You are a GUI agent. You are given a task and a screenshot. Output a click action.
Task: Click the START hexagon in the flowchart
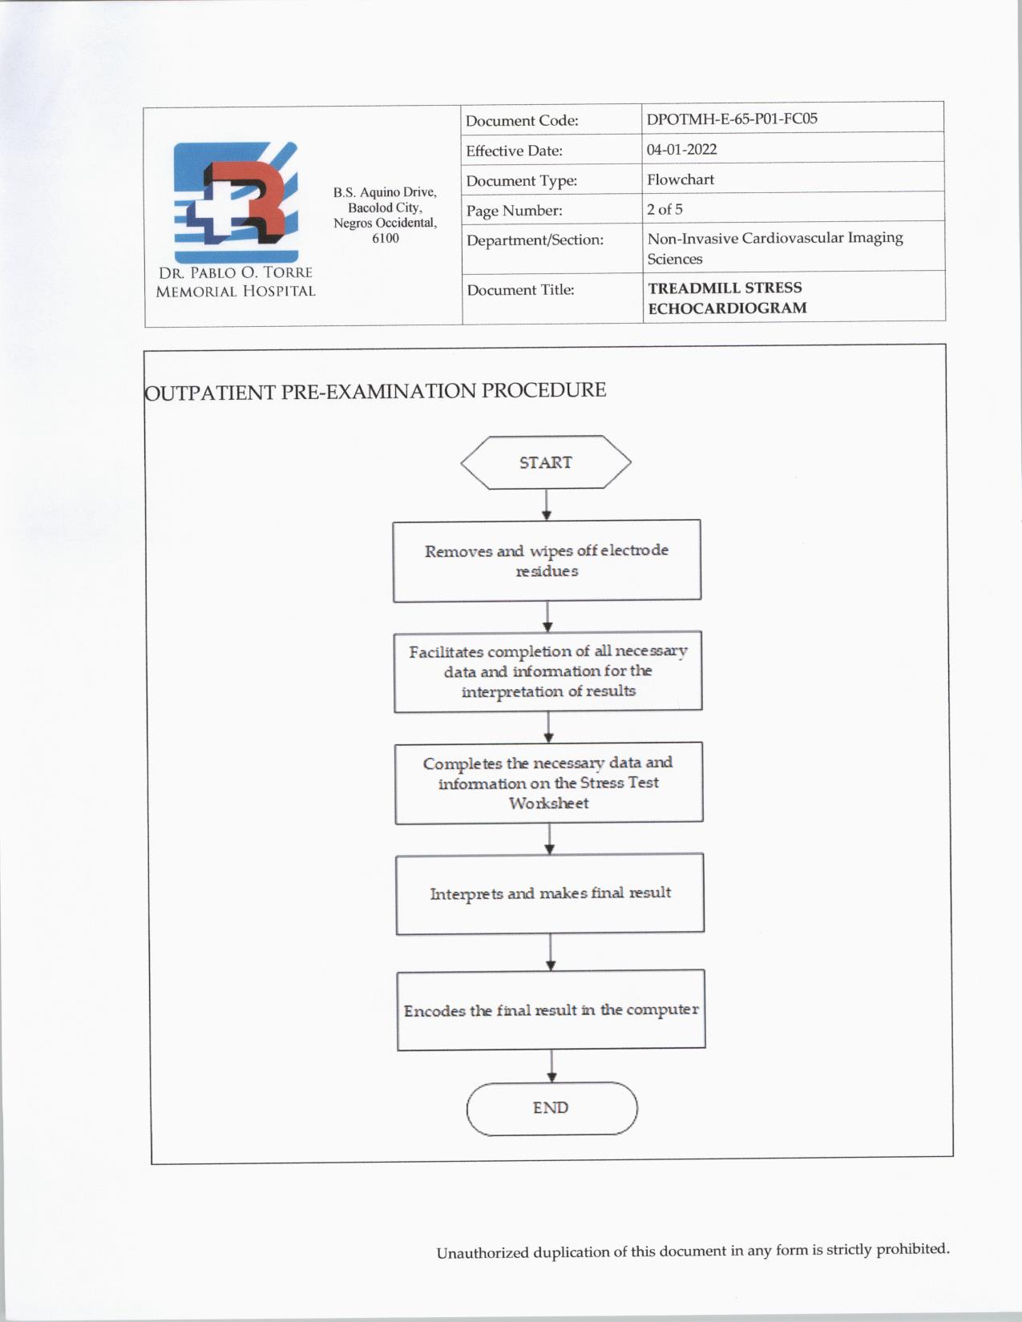pyautogui.click(x=546, y=462)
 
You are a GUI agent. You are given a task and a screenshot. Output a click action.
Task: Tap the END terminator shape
pyautogui.click(x=551, y=1108)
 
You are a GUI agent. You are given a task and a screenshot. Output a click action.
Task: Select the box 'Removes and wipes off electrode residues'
pyautogui.click(x=547, y=561)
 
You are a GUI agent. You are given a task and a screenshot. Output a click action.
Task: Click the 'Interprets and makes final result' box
pyautogui.click(x=550, y=893)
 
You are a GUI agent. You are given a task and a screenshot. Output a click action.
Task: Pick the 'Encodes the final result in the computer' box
pyautogui.click(x=551, y=1010)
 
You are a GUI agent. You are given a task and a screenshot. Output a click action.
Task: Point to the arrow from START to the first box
pyautogui.click(x=547, y=505)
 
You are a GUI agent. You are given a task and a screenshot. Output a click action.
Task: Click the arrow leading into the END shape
pyautogui.click(x=551, y=1066)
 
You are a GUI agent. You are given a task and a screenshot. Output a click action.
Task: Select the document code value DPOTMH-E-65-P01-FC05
pyautogui.click(x=732, y=119)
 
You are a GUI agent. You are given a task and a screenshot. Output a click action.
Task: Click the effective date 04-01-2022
pyautogui.click(x=682, y=149)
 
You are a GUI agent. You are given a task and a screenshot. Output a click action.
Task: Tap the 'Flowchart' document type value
pyautogui.click(x=681, y=179)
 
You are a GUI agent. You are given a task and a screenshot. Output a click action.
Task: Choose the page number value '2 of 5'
pyautogui.click(x=665, y=209)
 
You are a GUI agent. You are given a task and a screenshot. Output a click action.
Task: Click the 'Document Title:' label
pyautogui.click(x=520, y=290)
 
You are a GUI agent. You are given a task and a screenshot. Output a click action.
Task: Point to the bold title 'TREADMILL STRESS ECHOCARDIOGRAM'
pyautogui.click(x=726, y=297)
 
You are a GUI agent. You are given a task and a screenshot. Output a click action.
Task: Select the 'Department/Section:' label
pyautogui.click(x=535, y=240)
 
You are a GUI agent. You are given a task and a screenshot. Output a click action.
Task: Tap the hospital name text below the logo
pyautogui.click(x=236, y=282)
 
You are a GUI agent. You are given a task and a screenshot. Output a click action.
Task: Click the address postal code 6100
pyautogui.click(x=386, y=238)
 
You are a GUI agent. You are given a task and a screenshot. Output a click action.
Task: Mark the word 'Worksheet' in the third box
pyautogui.click(x=549, y=803)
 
